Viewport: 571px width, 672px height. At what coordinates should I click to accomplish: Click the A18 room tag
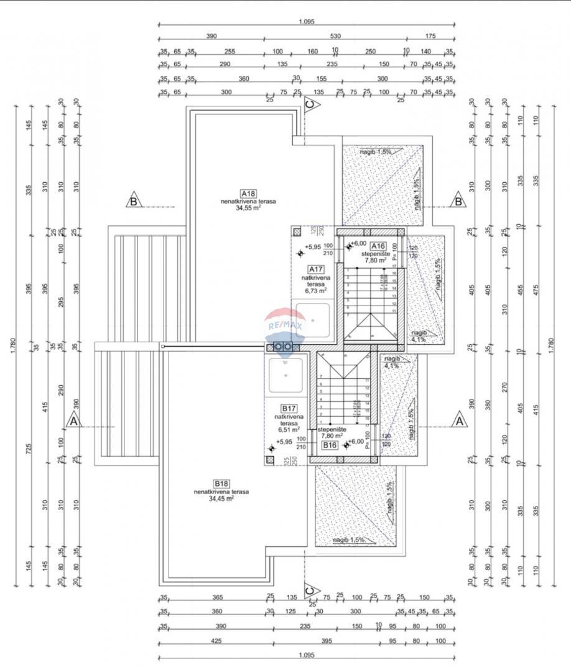248,193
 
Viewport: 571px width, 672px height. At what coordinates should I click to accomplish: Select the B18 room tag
221,483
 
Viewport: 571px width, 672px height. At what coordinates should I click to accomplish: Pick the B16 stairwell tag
330,445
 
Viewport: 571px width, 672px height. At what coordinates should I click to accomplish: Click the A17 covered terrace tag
315,269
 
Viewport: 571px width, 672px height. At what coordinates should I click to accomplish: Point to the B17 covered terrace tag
288,408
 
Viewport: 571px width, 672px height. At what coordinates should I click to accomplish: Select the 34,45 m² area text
221,498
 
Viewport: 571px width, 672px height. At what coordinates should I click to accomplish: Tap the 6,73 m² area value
315,290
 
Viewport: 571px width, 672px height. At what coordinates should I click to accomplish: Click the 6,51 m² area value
288,429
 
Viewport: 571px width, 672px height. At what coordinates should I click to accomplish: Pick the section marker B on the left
133,201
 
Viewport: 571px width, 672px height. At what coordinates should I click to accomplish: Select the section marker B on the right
458,201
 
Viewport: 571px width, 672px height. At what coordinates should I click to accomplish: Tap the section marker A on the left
73,421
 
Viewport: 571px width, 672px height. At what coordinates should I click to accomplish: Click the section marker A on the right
460,421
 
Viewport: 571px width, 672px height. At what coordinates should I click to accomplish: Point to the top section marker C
310,105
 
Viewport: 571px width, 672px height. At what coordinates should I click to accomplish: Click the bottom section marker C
309,588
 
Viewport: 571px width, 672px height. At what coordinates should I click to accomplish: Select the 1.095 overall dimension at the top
307,21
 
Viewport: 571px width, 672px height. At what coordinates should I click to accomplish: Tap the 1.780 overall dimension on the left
14,346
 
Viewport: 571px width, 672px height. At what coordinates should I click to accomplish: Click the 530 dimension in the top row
336,37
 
